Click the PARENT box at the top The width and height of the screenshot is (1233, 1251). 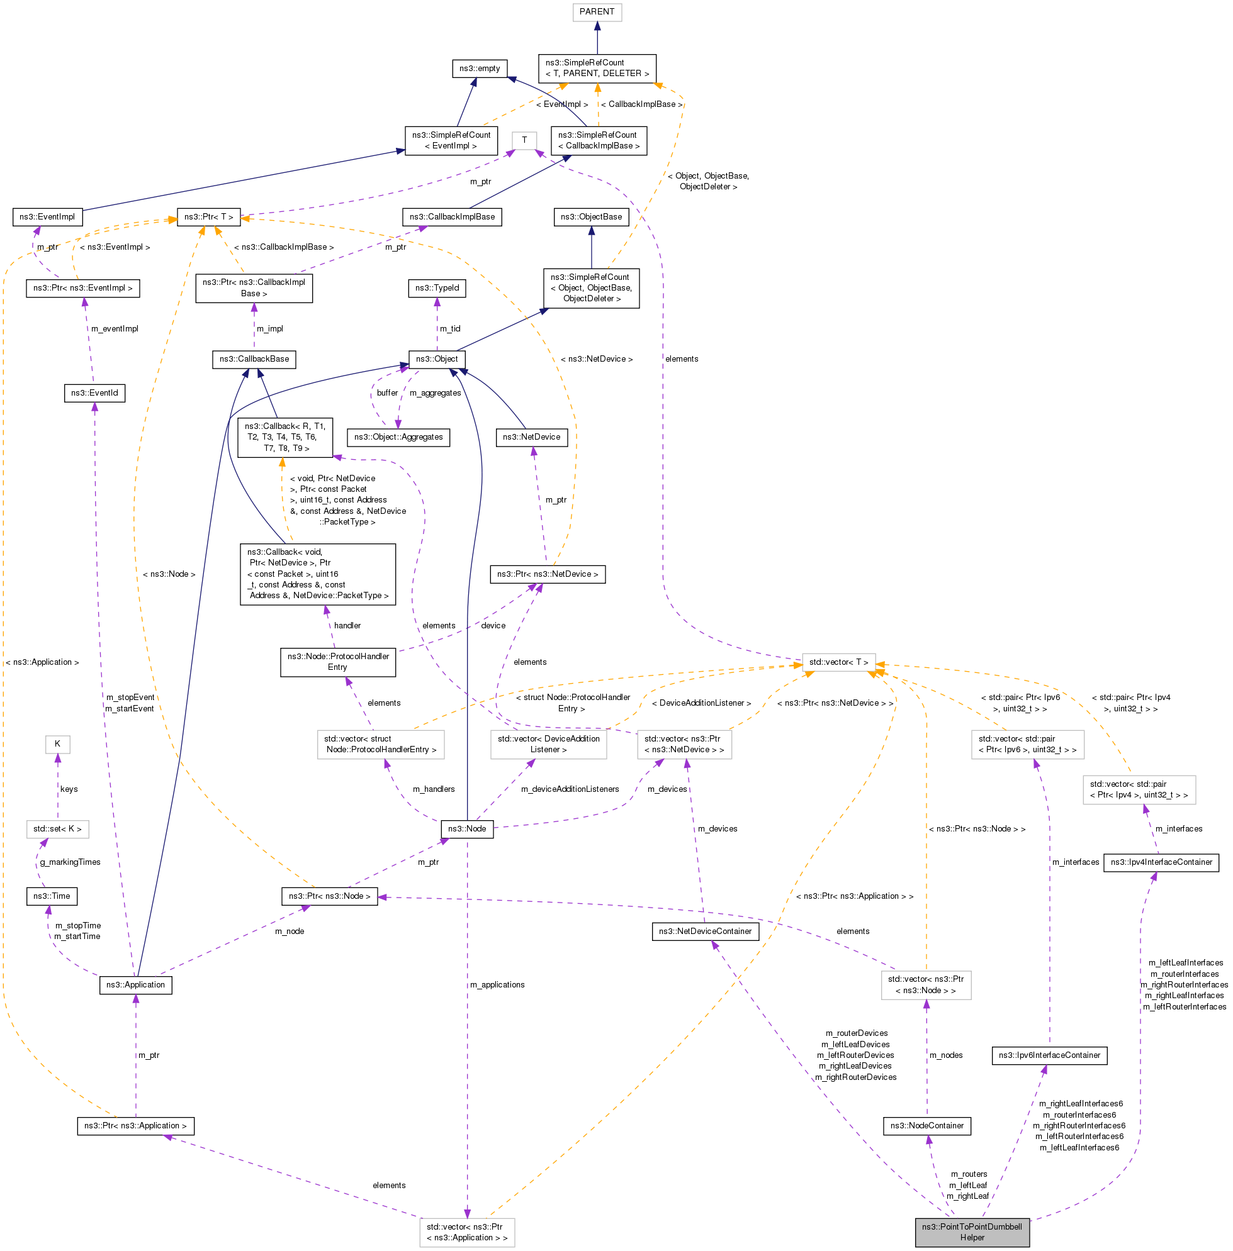pos(597,12)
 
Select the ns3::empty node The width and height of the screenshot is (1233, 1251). pos(479,69)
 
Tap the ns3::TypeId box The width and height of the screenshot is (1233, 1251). pos(437,288)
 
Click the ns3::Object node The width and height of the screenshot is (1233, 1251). pos(436,359)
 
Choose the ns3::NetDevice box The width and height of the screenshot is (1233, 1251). pos(532,438)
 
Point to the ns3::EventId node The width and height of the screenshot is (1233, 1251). pos(94,393)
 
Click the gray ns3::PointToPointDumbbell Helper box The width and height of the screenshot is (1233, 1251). pos(971,1232)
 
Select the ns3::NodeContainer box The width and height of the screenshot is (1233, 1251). pos(926,1126)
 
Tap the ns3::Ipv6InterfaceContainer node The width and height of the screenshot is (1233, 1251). pos(1049,1055)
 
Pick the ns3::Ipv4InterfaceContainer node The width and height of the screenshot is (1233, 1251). pos(1161,863)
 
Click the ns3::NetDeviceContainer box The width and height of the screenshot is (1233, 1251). pos(705,932)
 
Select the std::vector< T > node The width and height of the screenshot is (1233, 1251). pos(838,663)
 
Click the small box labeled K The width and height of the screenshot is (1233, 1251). pos(58,744)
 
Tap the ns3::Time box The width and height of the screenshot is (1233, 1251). pos(52,897)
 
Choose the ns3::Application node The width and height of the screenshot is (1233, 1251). pos(135,985)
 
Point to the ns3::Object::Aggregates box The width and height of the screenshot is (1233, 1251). pos(398,438)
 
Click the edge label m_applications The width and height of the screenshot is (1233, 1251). pos(497,985)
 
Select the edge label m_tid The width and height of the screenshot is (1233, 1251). pos(450,329)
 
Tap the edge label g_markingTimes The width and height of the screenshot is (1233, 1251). pos(70,862)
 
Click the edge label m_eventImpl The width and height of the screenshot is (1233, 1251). pos(115,329)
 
